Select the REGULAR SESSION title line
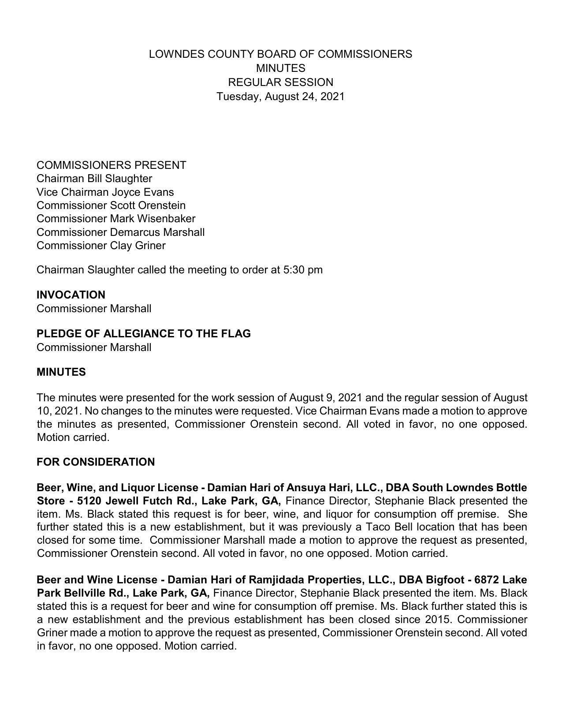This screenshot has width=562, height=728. point(280,82)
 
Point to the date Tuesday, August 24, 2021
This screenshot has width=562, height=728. point(280,97)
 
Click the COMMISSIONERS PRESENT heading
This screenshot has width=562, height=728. point(111,165)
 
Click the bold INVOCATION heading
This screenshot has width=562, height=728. point(71,295)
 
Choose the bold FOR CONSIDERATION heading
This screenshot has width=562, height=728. point(96,462)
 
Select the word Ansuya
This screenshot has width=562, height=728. point(305,488)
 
